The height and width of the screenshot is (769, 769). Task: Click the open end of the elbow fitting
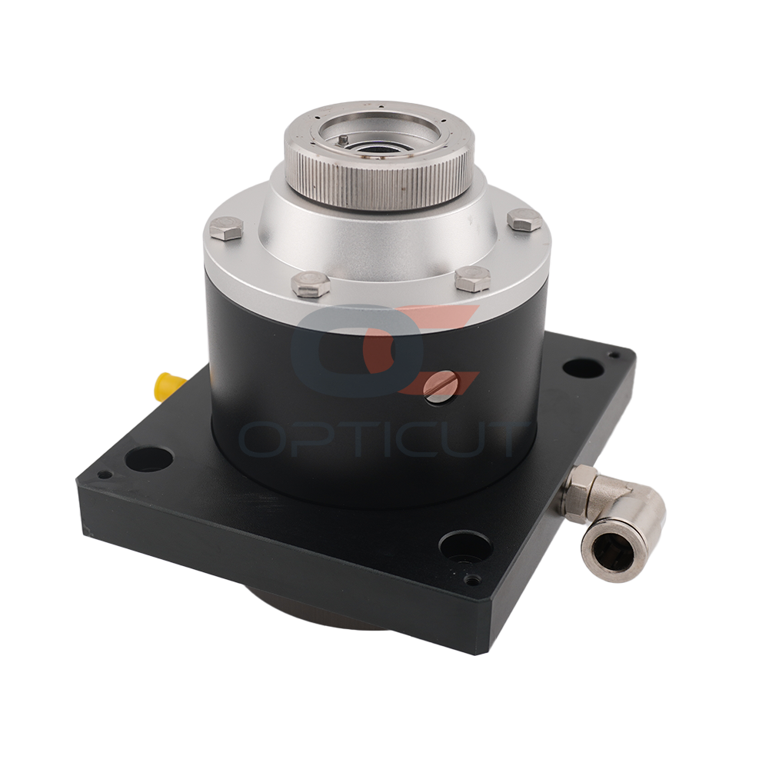coord(599,551)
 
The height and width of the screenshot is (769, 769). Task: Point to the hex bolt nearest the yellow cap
coord(225,228)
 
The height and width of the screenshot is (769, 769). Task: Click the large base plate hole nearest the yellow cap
coord(149,458)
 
